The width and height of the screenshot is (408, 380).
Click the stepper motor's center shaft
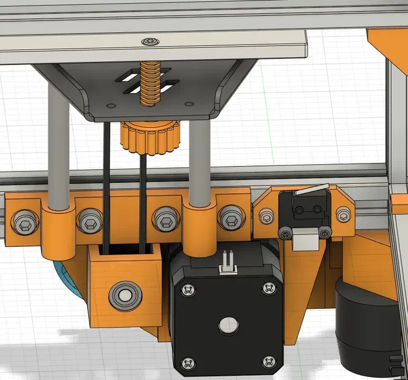coord(228,325)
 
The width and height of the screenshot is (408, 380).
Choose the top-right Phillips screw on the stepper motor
coord(268,288)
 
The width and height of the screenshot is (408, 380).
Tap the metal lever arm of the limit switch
coord(311,190)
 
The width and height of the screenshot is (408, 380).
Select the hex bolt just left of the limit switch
coord(266,216)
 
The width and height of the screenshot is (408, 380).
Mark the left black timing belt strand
coord(106,182)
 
